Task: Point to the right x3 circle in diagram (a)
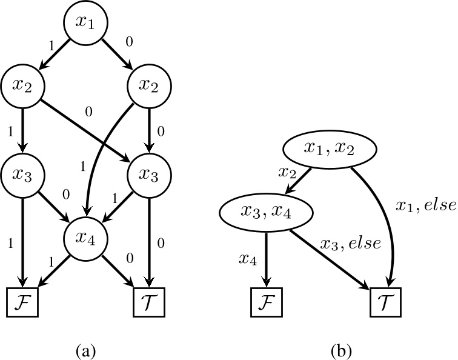[x=147, y=175]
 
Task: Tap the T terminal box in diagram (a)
[x=147, y=301]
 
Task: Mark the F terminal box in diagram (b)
[x=266, y=301]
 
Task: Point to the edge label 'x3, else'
[x=351, y=244]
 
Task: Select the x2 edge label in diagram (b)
[x=287, y=172]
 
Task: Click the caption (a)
[x=85, y=350]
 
